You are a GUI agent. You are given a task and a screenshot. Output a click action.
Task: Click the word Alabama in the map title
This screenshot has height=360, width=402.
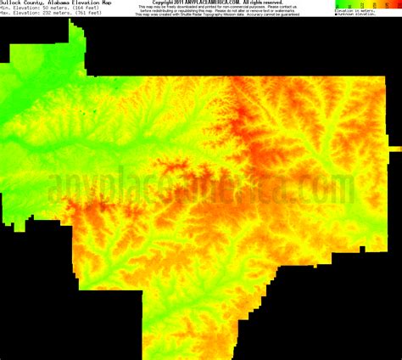[x=50, y=3]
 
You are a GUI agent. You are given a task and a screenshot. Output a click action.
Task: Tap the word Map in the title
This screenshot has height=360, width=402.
[x=100, y=3]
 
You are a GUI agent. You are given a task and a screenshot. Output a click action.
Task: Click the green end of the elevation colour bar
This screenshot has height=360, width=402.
[x=338, y=5]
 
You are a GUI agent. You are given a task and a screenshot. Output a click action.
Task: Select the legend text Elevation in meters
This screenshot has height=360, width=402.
[x=356, y=11]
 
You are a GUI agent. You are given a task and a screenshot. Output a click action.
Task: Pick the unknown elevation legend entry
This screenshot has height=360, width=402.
[x=357, y=15]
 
